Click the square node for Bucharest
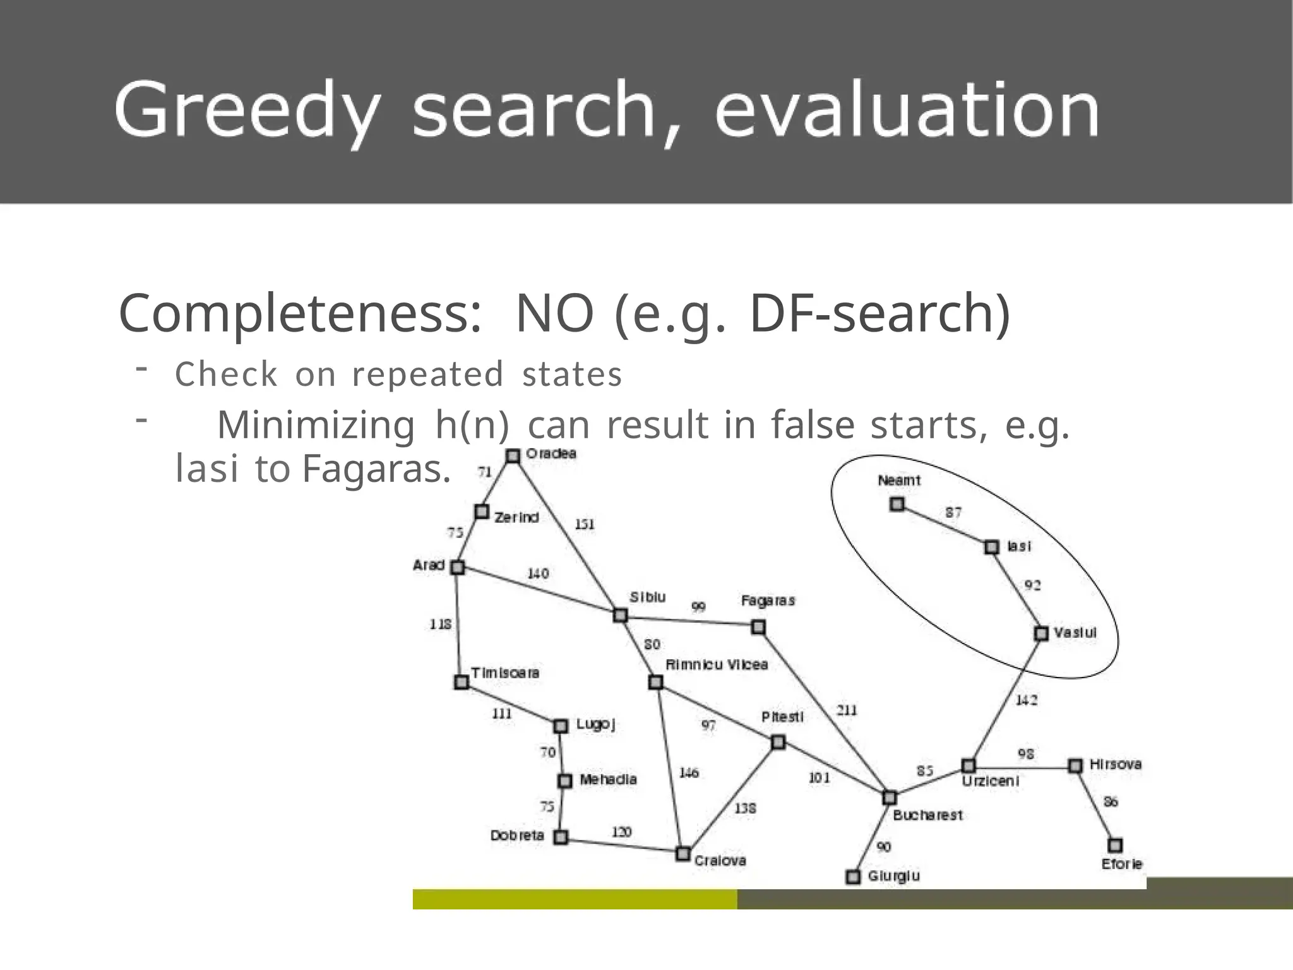point(890,798)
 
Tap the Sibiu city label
point(647,597)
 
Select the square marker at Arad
point(458,567)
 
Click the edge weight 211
point(847,710)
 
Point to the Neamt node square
point(897,504)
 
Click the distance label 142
point(1026,700)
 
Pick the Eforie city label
point(1122,863)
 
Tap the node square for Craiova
point(682,854)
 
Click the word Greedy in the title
point(247,111)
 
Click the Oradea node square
point(513,455)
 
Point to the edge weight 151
point(584,524)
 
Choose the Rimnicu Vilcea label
point(717,664)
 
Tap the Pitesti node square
point(778,742)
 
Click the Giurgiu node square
point(853,877)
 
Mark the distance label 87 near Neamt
point(953,512)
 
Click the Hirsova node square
point(1075,766)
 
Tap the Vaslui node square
point(1041,633)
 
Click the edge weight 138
point(745,808)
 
